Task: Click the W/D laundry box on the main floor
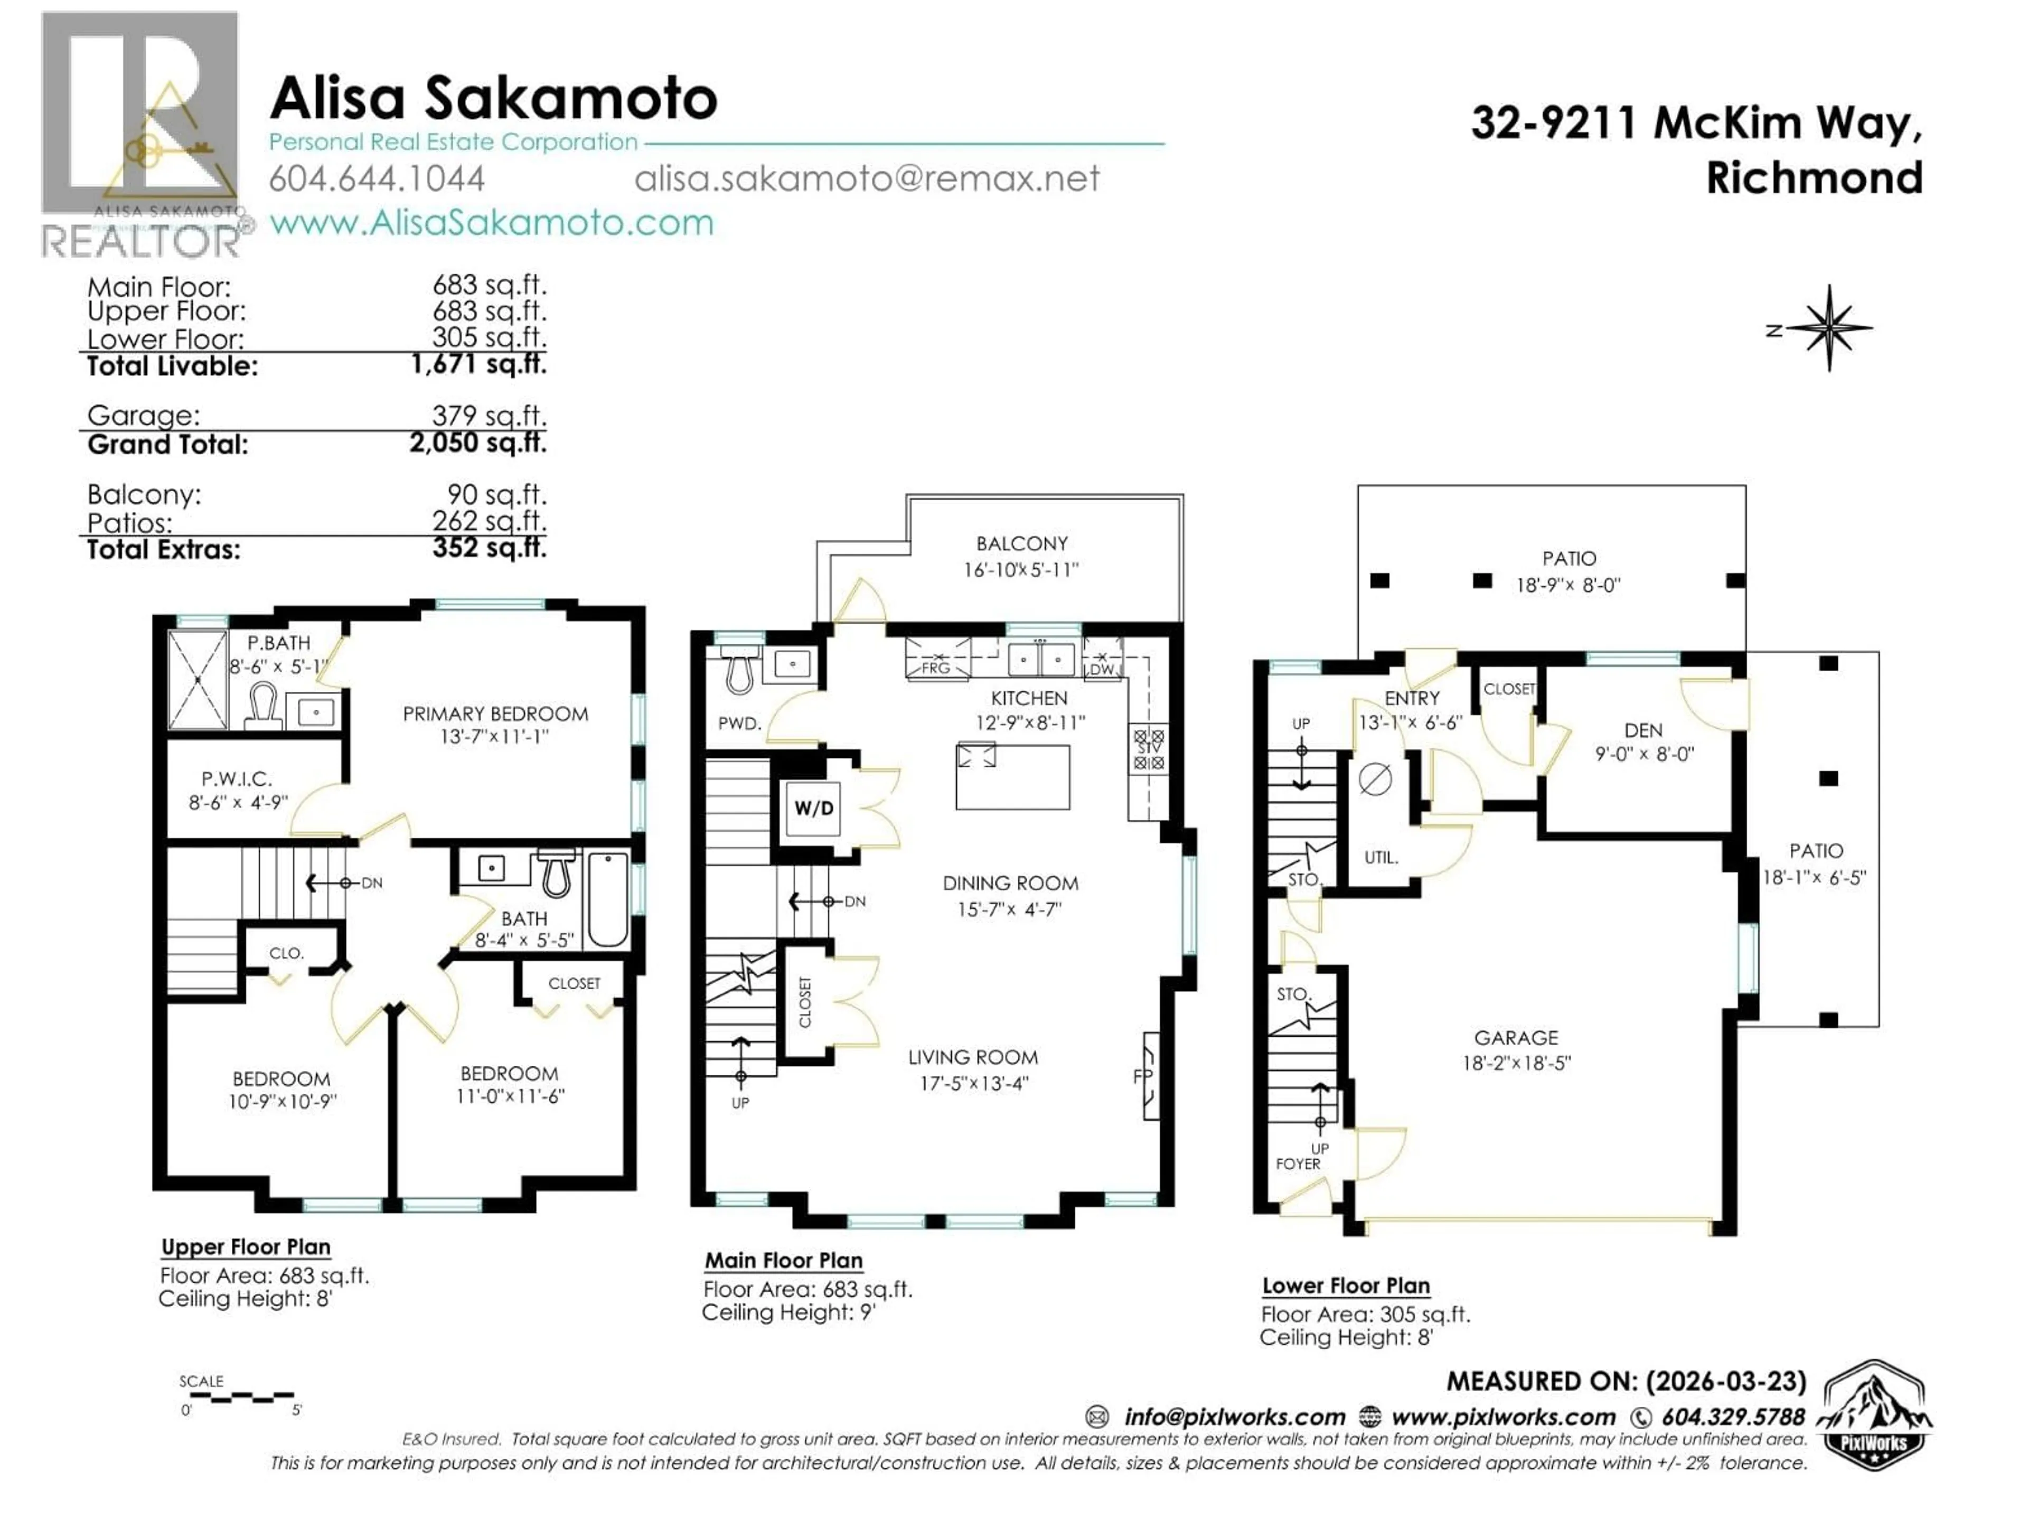[x=813, y=808]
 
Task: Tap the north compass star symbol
[x=1828, y=328]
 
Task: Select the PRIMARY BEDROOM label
[x=495, y=713]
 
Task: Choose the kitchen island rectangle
[x=1012, y=776]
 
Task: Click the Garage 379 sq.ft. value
[x=489, y=415]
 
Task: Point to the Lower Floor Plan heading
[x=1346, y=1285]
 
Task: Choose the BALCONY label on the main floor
[x=1021, y=543]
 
